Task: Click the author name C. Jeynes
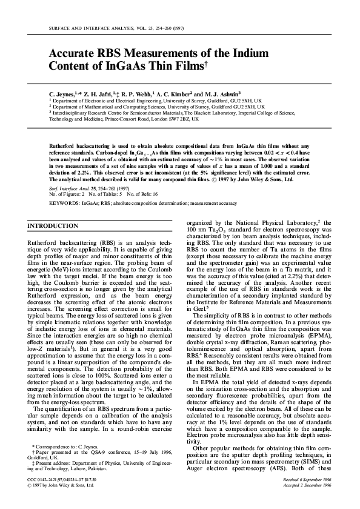pyautogui.click(x=64, y=95)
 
